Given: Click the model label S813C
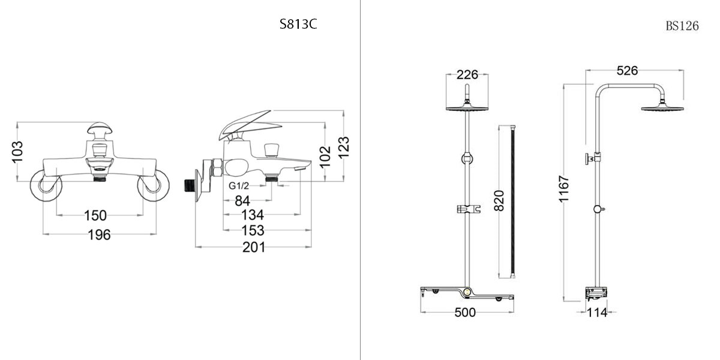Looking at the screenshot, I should [x=298, y=26].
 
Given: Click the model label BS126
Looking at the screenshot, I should [x=682, y=26].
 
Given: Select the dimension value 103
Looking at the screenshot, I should [x=17, y=152].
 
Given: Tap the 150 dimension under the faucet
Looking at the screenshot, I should [x=95, y=215].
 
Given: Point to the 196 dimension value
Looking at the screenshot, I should [x=99, y=235].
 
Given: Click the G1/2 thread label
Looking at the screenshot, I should [x=239, y=185].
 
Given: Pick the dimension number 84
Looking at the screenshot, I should [x=242, y=200].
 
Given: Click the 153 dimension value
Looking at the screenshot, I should [x=253, y=230].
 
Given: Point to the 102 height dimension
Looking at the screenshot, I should [x=325, y=157].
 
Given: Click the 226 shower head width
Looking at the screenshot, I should [x=467, y=74].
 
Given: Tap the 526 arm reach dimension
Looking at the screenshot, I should [x=627, y=71].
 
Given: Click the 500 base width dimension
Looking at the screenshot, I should [x=465, y=313].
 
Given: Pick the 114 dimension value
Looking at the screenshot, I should [x=597, y=313].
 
